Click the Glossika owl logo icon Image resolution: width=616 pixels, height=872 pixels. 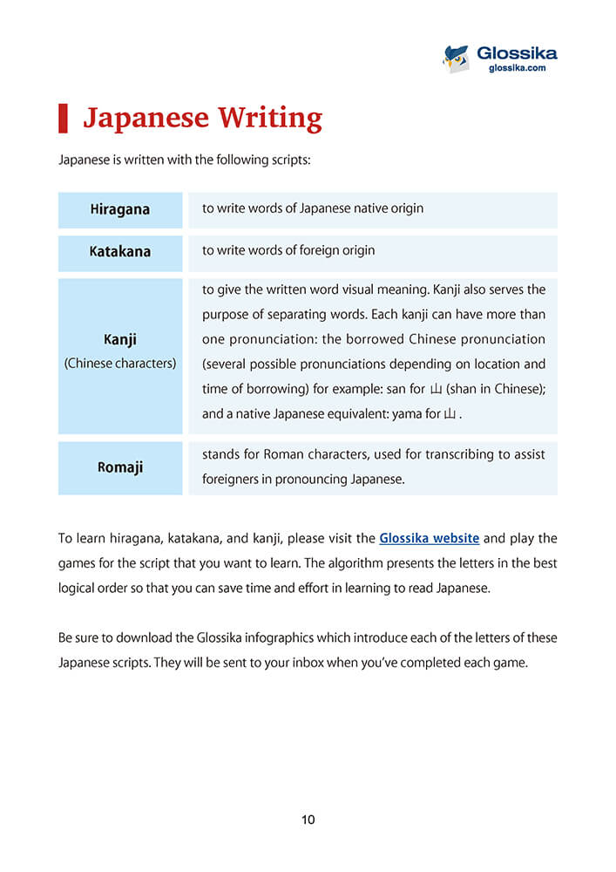[x=456, y=58]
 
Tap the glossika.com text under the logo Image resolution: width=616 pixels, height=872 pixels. [x=518, y=68]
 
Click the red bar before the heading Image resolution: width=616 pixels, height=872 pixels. [x=63, y=118]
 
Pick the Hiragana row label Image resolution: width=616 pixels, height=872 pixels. [x=120, y=209]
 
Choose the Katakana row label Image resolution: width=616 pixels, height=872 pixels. [x=120, y=251]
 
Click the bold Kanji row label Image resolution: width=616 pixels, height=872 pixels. [x=120, y=340]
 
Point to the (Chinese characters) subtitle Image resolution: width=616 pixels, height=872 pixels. [x=120, y=363]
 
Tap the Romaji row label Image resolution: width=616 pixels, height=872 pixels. [x=120, y=467]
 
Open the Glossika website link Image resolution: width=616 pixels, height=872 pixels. [x=429, y=539]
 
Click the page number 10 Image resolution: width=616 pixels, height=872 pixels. [x=308, y=820]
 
